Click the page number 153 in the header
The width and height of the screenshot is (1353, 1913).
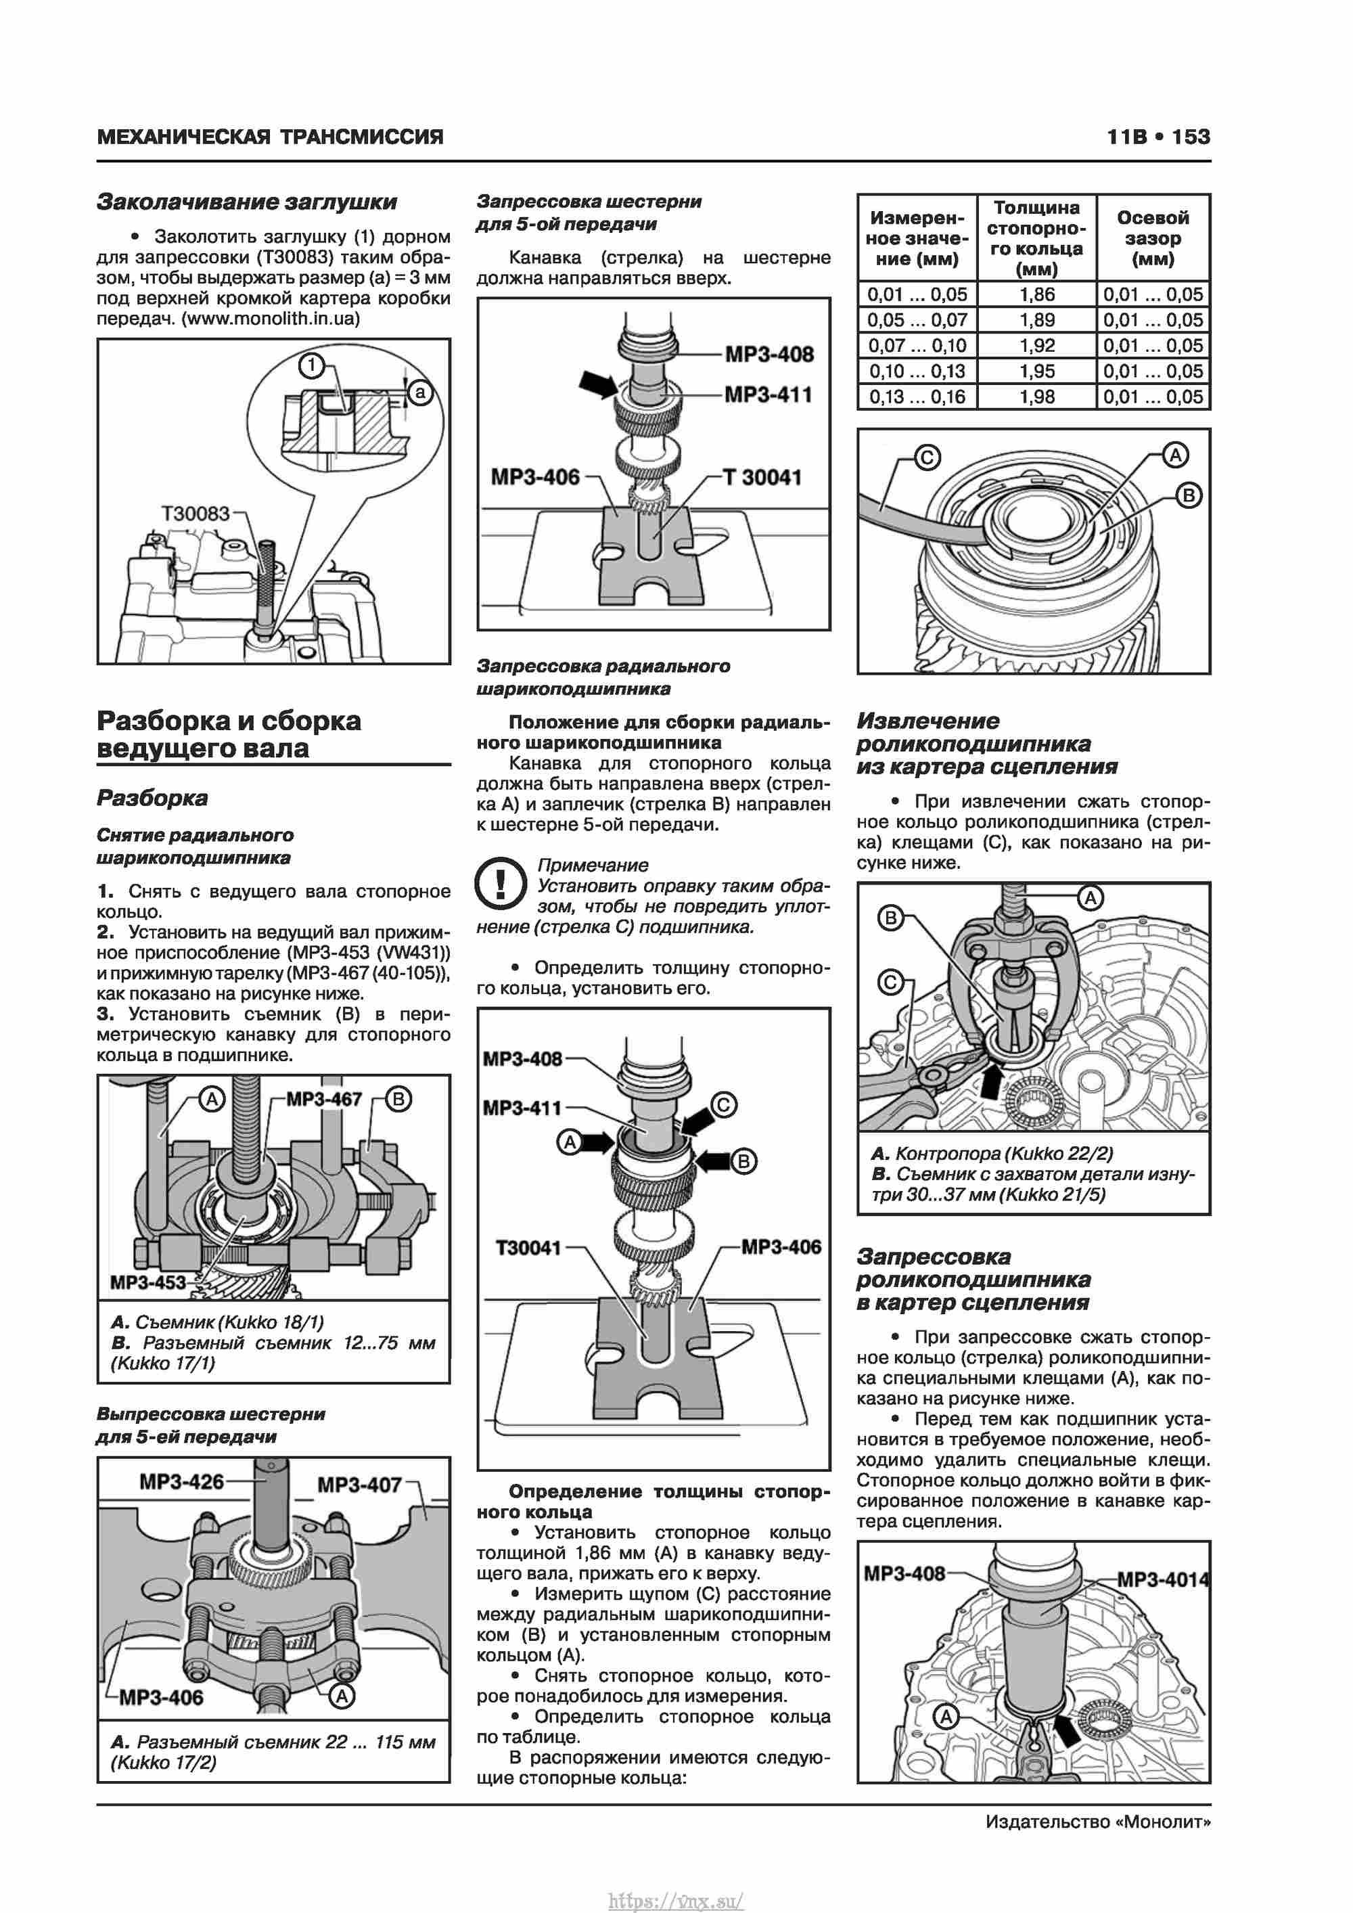tap(1191, 137)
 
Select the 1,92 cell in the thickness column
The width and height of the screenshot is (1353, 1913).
tap(1036, 346)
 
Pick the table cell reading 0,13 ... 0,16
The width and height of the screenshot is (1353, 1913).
tap(917, 397)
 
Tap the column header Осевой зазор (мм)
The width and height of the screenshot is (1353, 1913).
tap(1153, 238)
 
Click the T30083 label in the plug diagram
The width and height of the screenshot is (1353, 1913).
tap(195, 513)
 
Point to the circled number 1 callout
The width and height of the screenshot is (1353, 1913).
tap(312, 365)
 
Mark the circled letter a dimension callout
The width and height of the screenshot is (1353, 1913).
tap(420, 392)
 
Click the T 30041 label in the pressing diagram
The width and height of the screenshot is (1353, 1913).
tap(762, 478)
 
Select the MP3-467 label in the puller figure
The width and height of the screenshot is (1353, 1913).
tap(324, 1100)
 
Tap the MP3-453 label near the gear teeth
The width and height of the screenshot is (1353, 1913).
tap(147, 1282)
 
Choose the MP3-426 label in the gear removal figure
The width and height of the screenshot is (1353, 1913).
tap(181, 1481)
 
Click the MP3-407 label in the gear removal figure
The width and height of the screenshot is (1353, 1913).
tap(359, 1485)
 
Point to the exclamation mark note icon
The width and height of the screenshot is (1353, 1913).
tap(500, 882)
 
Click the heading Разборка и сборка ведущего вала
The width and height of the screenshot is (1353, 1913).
tap(229, 734)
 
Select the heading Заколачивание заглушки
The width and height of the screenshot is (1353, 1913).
tap(247, 202)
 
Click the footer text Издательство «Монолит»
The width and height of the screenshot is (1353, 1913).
tap(1097, 1822)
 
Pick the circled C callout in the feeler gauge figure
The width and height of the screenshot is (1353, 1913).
tap(927, 457)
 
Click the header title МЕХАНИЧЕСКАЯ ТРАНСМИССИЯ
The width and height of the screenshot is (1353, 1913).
tap(270, 137)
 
